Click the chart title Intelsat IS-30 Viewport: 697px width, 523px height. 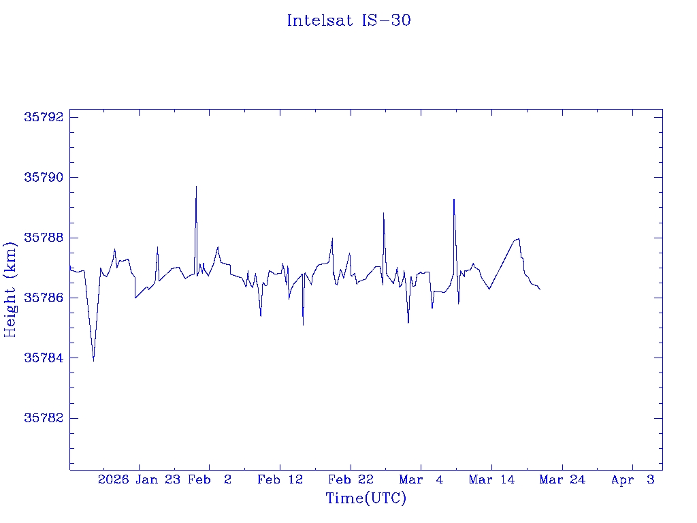tap(348, 20)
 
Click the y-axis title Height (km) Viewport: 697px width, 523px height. tap(10, 289)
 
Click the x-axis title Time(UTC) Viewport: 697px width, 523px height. tap(366, 498)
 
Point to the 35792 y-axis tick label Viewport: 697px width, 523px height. tap(43, 117)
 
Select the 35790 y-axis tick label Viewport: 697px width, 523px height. tap(43, 178)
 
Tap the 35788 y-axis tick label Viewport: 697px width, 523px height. tap(43, 238)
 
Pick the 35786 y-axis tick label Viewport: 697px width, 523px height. tap(43, 298)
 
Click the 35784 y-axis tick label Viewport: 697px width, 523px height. tap(43, 358)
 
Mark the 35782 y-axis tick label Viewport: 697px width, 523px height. tap(43, 418)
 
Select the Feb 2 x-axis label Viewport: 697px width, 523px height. tap(210, 480)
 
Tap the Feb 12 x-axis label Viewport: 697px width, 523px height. tap(280, 480)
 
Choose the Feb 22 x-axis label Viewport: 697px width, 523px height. tap(351, 480)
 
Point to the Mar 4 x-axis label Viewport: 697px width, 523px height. tap(421, 480)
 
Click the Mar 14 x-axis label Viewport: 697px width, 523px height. tap(491, 480)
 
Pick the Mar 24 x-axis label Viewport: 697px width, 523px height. tap(562, 480)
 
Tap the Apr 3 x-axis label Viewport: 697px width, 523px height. tap(633, 480)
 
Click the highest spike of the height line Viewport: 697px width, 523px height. tap(196, 187)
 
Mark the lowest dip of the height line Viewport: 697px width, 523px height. tap(93, 360)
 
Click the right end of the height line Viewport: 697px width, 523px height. tap(540, 290)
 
